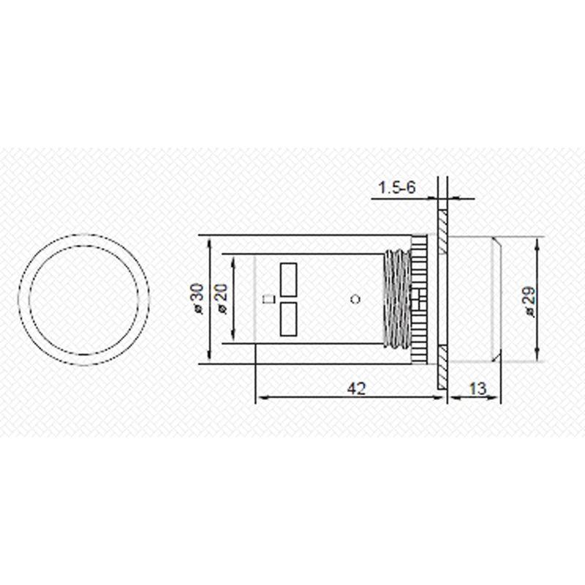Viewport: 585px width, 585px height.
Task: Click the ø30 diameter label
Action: pyautogui.click(x=196, y=298)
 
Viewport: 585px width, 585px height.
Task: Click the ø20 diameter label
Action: pyautogui.click(x=222, y=298)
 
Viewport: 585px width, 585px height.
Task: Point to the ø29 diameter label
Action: pyautogui.click(x=530, y=300)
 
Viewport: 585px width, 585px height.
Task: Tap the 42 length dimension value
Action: pyautogui.click(x=355, y=388)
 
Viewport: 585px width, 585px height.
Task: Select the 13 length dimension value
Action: pyautogui.click(x=477, y=388)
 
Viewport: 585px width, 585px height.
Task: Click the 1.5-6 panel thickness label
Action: pyautogui.click(x=396, y=188)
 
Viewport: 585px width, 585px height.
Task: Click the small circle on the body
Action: pyautogui.click(x=356, y=298)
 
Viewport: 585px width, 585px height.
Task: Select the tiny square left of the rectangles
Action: pyautogui.click(x=268, y=298)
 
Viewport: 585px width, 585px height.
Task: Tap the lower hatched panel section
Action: pyautogui.click(x=442, y=369)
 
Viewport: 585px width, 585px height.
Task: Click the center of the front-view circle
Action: pyautogui.click(x=83, y=298)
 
